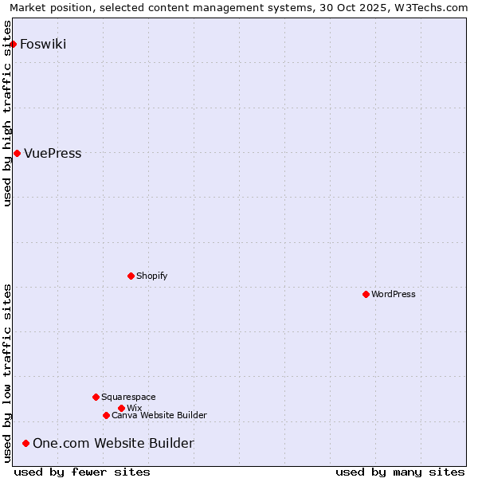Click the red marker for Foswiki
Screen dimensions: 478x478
(x=14, y=44)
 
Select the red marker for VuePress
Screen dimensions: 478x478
(x=17, y=153)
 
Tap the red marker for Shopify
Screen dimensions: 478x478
(x=131, y=276)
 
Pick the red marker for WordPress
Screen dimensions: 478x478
(x=366, y=294)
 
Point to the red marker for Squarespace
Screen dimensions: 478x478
(x=96, y=397)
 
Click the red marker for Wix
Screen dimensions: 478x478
(x=121, y=408)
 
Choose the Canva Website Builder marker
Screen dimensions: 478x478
(x=106, y=415)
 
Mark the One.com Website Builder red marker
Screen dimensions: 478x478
(x=26, y=443)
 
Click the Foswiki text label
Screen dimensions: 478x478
(x=43, y=44)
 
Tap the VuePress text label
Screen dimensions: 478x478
(x=53, y=153)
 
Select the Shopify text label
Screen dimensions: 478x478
(x=151, y=276)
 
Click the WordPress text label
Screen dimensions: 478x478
(x=394, y=294)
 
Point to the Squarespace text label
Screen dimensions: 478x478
(x=128, y=397)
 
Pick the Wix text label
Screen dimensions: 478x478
(x=134, y=408)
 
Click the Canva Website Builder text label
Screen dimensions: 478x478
(x=159, y=415)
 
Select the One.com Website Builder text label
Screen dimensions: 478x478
(x=113, y=443)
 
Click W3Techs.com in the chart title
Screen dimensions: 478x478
(x=435, y=7)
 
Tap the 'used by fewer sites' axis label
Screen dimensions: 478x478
(x=82, y=472)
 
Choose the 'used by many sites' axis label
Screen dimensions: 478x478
(x=400, y=472)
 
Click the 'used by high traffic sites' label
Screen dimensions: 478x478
(x=7, y=114)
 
